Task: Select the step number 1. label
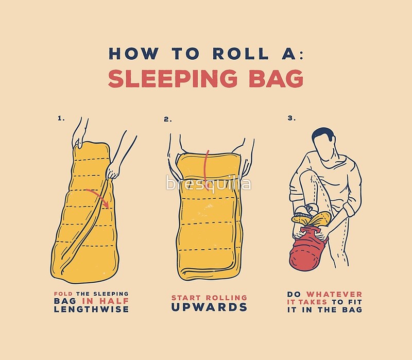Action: tap(61, 118)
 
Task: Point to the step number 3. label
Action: tap(291, 118)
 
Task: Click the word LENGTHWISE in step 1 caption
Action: tap(91, 309)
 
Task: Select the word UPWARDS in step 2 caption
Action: tap(209, 307)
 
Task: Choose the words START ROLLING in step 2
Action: tap(209, 297)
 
